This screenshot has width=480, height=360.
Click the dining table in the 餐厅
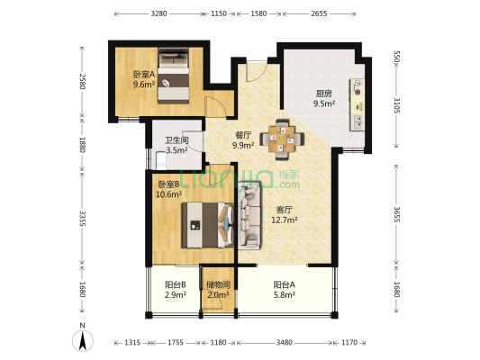(282, 139)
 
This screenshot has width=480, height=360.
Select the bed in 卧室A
(173, 76)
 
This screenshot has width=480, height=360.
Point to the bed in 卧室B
(207, 225)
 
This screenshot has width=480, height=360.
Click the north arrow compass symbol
(83, 338)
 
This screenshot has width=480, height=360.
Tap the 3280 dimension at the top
(158, 13)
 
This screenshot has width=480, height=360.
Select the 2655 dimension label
(319, 13)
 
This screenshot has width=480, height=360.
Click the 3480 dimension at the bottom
(284, 343)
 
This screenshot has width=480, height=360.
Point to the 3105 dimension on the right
(397, 105)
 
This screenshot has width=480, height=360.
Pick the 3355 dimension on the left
(82, 218)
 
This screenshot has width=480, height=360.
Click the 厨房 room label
(324, 94)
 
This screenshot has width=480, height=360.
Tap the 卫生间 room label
(177, 140)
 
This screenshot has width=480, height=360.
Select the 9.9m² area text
(243, 145)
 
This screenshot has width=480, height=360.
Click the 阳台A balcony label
(284, 284)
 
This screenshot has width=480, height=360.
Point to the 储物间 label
(218, 285)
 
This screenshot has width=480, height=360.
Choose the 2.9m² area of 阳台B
(176, 295)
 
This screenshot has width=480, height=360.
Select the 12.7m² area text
(285, 220)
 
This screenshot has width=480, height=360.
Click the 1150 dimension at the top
(219, 13)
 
